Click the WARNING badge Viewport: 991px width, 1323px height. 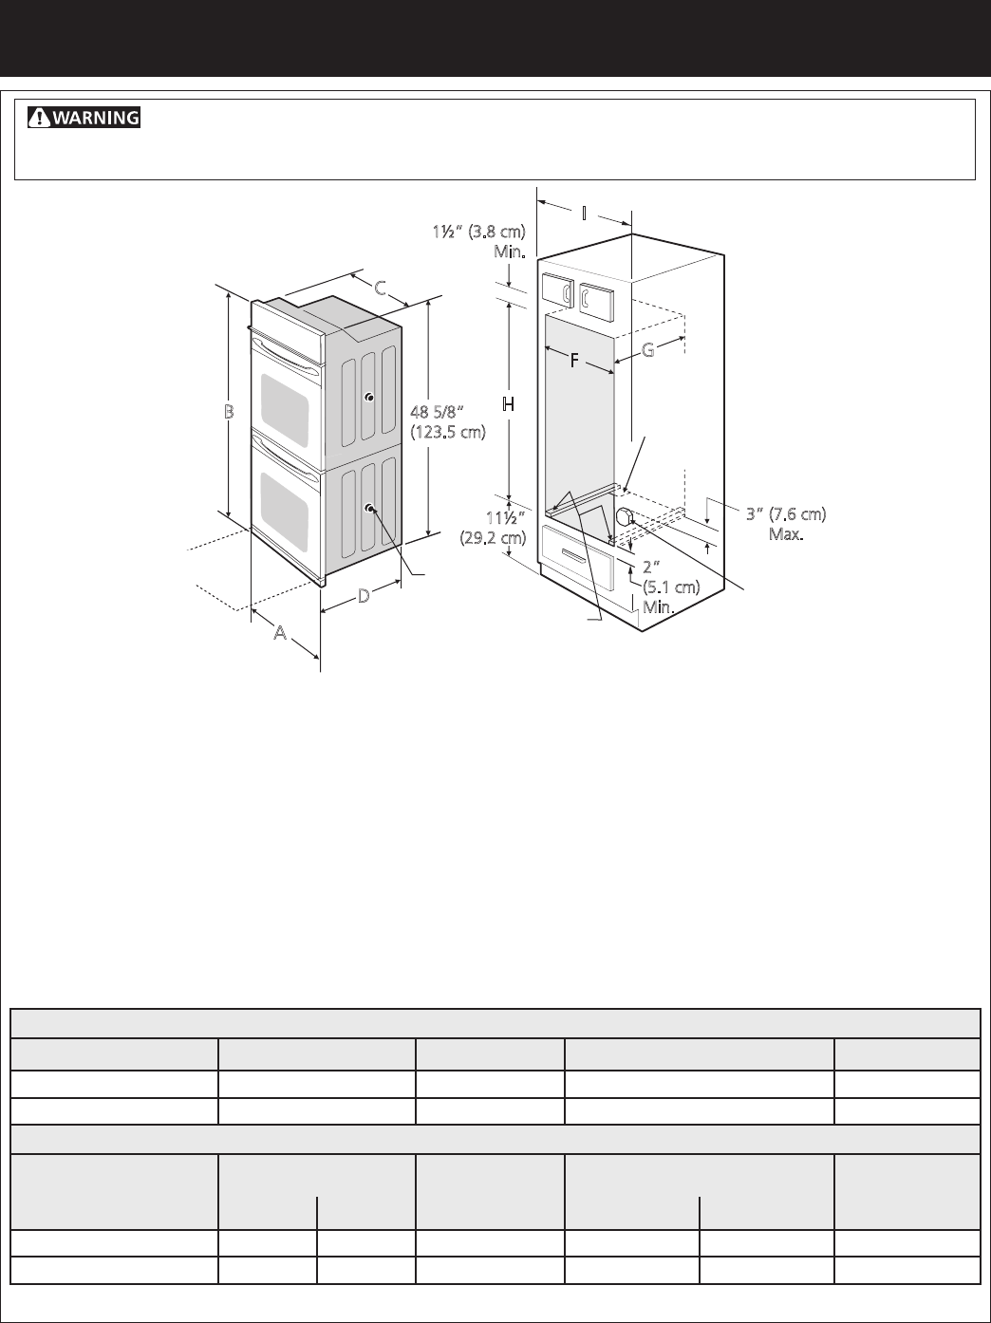[84, 117]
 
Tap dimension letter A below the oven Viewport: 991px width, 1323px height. [280, 632]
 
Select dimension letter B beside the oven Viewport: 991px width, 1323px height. [229, 412]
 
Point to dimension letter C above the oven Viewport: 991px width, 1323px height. [380, 289]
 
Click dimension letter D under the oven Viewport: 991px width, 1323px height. [364, 596]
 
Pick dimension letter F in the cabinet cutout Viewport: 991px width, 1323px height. [574, 361]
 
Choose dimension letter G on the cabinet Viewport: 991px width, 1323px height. [648, 350]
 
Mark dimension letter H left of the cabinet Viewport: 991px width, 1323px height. [508, 404]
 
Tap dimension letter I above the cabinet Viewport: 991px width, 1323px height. [584, 214]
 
